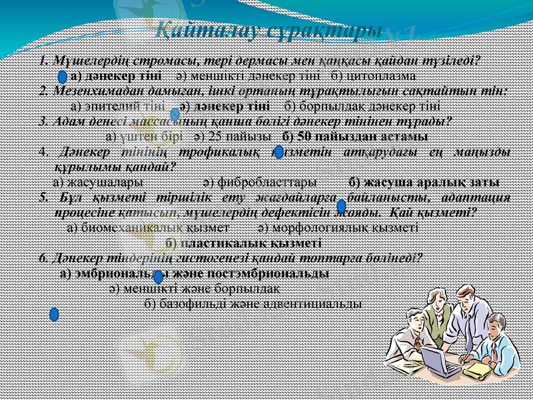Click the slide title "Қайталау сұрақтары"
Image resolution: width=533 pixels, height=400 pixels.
click(x=268, y=31)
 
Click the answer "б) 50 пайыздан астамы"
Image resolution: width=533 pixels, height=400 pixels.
click(x=355, y=137)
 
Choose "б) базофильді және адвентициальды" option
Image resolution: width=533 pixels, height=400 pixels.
click(x=253, y=304)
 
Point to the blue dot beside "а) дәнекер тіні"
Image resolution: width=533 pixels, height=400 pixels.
click(x=62, y=77)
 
